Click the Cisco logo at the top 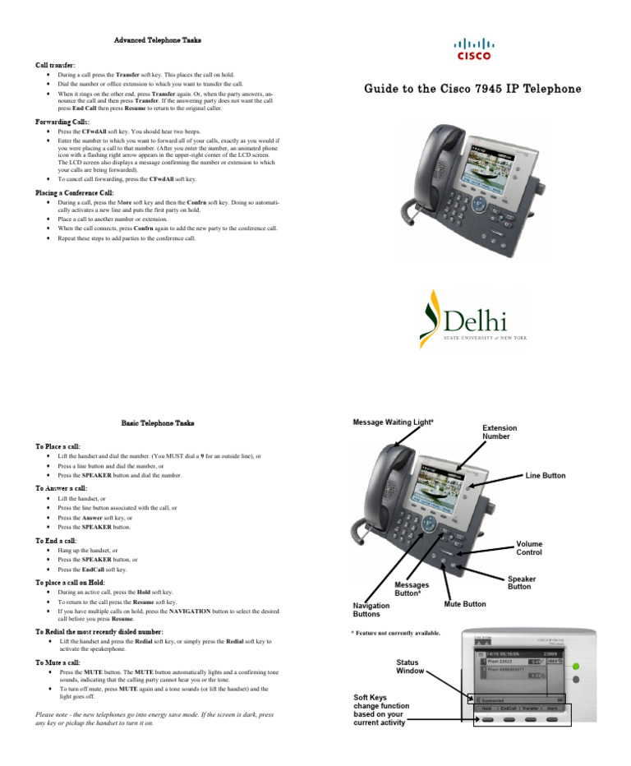coord(474,48)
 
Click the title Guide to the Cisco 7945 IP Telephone coord(472,89)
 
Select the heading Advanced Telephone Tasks coord(157,39)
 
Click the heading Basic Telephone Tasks coord(158,422)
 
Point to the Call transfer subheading coord(56,63)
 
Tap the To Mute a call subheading coord(58,662)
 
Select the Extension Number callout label coord(500,432)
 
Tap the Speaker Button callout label coord(521,583)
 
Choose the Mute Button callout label coord(464,604)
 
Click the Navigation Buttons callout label coord(371,609)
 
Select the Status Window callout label coord(410,666)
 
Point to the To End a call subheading coord(57,541)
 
